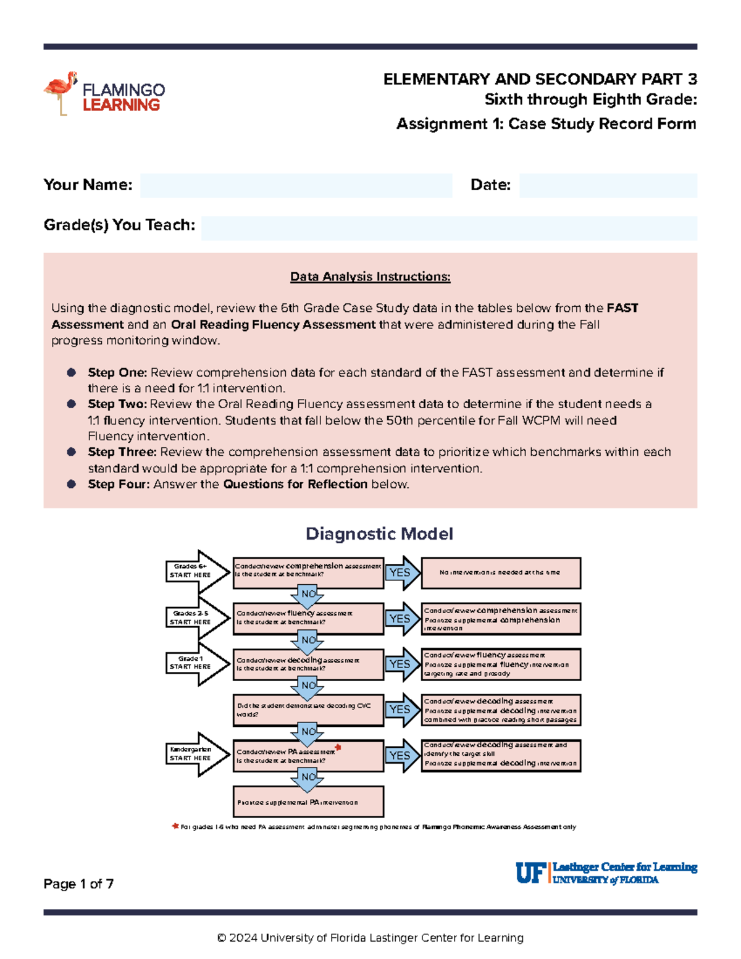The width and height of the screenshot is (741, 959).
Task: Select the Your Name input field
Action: coord(296,185)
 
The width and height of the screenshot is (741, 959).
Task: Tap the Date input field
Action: coord(608,185)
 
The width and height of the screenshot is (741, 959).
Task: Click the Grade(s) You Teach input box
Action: coord(449,228)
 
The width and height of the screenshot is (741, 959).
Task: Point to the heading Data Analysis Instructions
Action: coord(370,277)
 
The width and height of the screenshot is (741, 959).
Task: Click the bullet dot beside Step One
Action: coord(72,372)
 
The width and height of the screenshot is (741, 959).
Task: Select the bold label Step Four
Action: coord(118,484)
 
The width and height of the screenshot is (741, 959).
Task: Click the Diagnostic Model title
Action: coord(379,534)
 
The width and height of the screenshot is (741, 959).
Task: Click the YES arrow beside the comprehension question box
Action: coord(401,573)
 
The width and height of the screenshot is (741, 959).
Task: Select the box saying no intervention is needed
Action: coord(500,573)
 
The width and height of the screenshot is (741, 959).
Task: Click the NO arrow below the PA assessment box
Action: coord(308,778)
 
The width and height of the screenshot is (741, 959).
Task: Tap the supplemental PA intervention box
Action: coord(308,802)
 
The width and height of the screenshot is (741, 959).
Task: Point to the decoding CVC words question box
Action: coord(308,710)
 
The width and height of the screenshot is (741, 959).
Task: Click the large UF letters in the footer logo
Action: coord(530,873)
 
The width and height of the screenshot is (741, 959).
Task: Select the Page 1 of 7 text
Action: coord(78,884)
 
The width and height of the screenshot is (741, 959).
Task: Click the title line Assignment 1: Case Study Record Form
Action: coord(546,124)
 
